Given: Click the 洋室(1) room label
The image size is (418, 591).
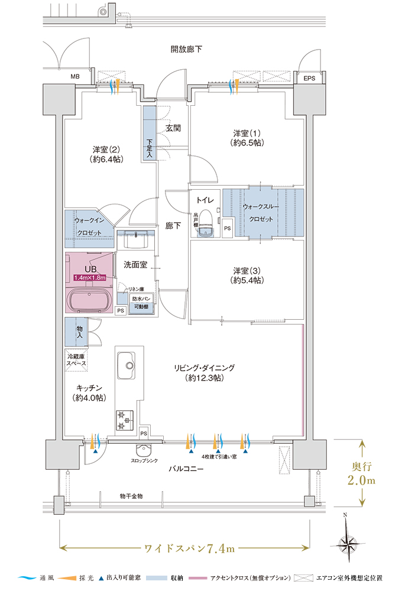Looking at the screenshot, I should click(x=247, y=138).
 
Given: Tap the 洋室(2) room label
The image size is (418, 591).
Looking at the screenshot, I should click(x=107, y=154).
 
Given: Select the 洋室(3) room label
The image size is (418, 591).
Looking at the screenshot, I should click(x=247, y=275).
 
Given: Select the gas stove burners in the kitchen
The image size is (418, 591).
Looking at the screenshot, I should click(x=125, y=419).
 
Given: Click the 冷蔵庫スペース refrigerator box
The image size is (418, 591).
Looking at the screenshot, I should click(x=76, y=360).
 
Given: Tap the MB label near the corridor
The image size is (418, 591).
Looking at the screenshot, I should click(x=75, y=77).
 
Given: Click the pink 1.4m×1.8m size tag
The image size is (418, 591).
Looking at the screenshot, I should click(x=89, y=277).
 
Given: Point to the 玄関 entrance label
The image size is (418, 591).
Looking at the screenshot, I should click(x=173, y=128).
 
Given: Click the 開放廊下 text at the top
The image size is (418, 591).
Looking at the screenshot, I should click(x=186, y=49).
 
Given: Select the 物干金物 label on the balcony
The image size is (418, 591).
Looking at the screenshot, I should click(x=131, y=495).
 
